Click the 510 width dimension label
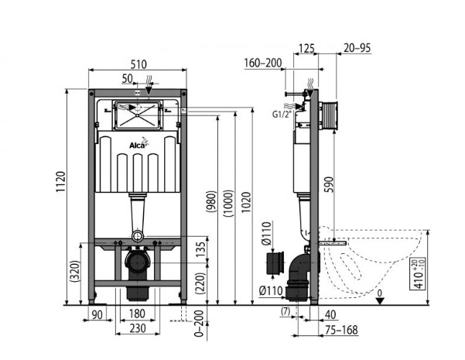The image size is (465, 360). [138, 64]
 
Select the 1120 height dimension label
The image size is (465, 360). [61, 182]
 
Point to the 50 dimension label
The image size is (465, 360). [127, 79]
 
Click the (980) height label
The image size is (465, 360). [211, 201]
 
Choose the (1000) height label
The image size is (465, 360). [228, 204]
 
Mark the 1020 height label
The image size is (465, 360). [246, 202]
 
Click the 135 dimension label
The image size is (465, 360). [200, 249]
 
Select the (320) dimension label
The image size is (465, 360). [74, 271]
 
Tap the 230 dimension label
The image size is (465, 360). [138, 328]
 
